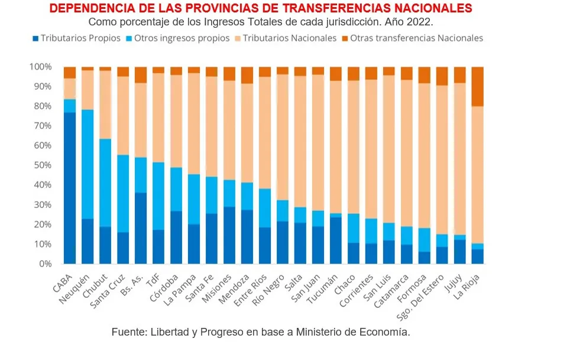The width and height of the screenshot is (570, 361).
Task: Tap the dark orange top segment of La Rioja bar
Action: (477, 86)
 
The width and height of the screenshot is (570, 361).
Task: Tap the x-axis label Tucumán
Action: (323, 286)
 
